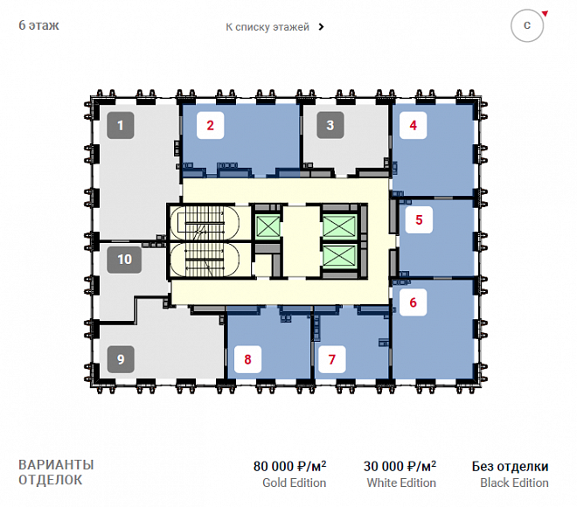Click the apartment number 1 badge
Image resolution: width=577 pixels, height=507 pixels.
tap(121, 126)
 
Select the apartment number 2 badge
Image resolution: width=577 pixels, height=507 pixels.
tap(210, 126)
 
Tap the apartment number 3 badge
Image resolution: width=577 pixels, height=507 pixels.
tap(330, 126)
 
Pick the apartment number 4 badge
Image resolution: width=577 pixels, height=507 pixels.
tap(414, 126)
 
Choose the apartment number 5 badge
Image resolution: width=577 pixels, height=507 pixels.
tap(419, 220)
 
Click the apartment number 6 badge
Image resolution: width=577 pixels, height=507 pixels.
tap(414, 302)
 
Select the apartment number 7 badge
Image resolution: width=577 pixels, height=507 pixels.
tap(332, 359)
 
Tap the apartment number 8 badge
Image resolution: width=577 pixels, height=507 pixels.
tap(247, 359)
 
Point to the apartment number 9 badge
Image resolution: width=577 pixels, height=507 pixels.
tap(121, 359)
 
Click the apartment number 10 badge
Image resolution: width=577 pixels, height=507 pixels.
tap(124, 260)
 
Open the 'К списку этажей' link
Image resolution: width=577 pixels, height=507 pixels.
tap(275, 27)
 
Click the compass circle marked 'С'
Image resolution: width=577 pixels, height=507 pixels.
tap(527, 25)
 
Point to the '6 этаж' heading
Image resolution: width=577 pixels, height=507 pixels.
tap(38, 25)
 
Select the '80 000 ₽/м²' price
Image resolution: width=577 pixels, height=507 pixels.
tap(289, 466)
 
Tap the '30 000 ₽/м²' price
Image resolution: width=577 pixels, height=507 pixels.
tap(400, 466)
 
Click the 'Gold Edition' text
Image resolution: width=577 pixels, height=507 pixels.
tap(295, 483)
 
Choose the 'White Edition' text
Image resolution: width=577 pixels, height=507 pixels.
tap(401, 483)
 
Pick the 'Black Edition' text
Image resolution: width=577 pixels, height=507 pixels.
tap(514, 483)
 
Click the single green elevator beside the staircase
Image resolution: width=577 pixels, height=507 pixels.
tap(268, 226)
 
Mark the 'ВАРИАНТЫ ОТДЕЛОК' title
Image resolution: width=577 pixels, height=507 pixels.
tap(56, 472)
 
